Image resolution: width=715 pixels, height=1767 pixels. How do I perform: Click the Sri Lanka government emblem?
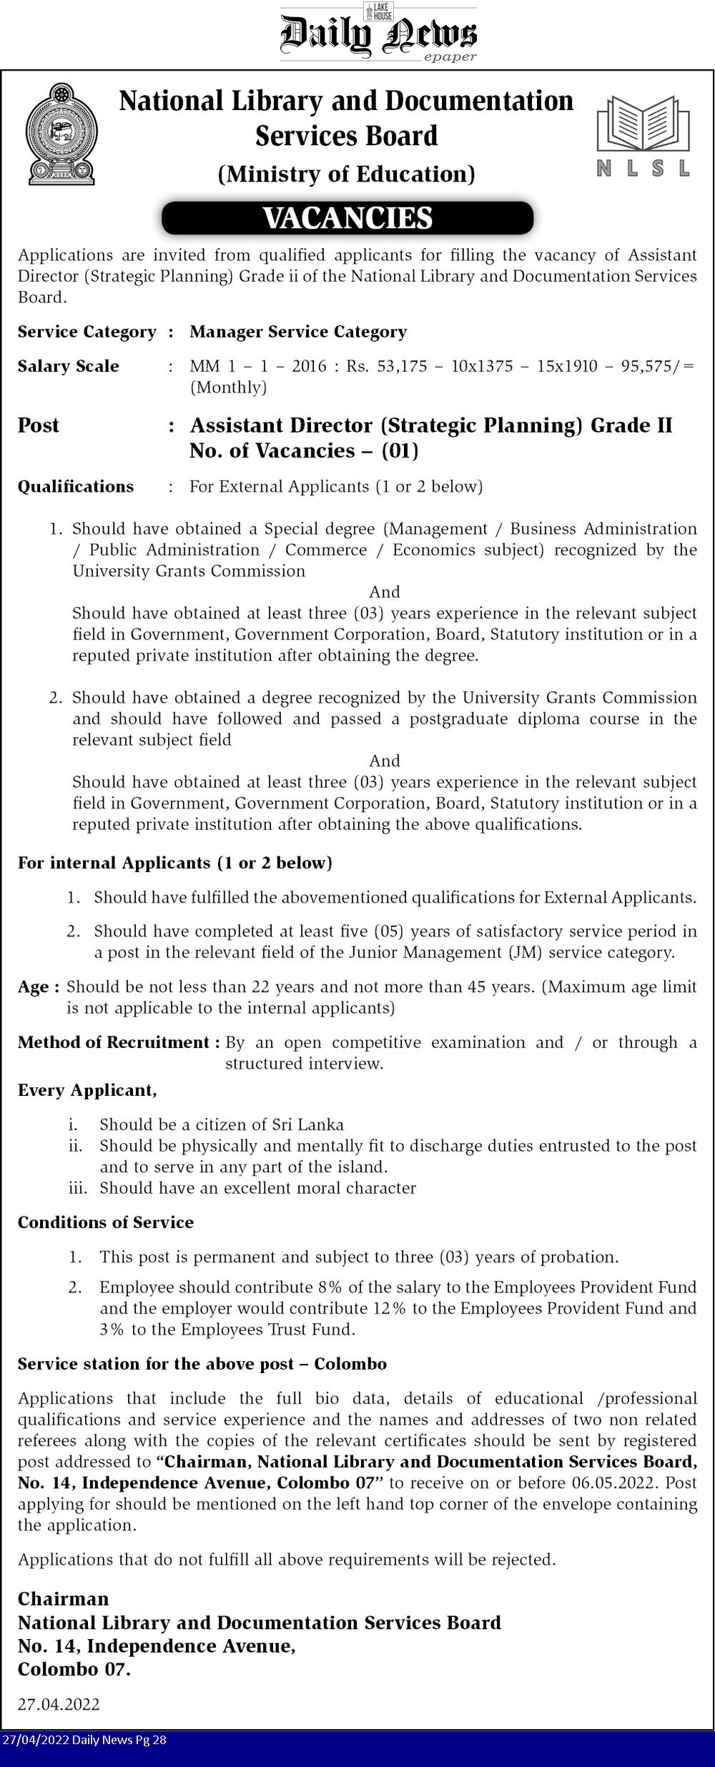coord(61,134)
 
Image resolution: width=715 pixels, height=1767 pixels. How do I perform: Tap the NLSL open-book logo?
coord(643,136)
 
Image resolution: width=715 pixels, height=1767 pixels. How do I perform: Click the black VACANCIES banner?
coord(347,218)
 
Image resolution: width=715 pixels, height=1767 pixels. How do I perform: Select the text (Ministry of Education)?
coord(346,174)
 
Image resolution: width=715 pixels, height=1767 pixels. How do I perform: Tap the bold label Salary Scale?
coord(69,366)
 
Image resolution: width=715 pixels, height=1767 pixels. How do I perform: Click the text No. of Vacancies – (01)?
coord(304,450)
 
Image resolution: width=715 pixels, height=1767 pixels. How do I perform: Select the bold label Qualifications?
coord(76,486)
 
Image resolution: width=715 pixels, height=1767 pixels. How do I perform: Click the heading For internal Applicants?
coord(175,863)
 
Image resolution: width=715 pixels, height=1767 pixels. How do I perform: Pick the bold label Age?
coord(34,987)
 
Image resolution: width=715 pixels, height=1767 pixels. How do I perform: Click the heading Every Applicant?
coord(87,1090)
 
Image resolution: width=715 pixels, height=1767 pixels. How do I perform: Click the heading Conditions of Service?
coord(106,1222)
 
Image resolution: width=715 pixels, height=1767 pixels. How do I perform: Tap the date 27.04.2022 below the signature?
coord(59,1704)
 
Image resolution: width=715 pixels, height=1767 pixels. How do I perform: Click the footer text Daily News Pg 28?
coord(119,1740)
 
